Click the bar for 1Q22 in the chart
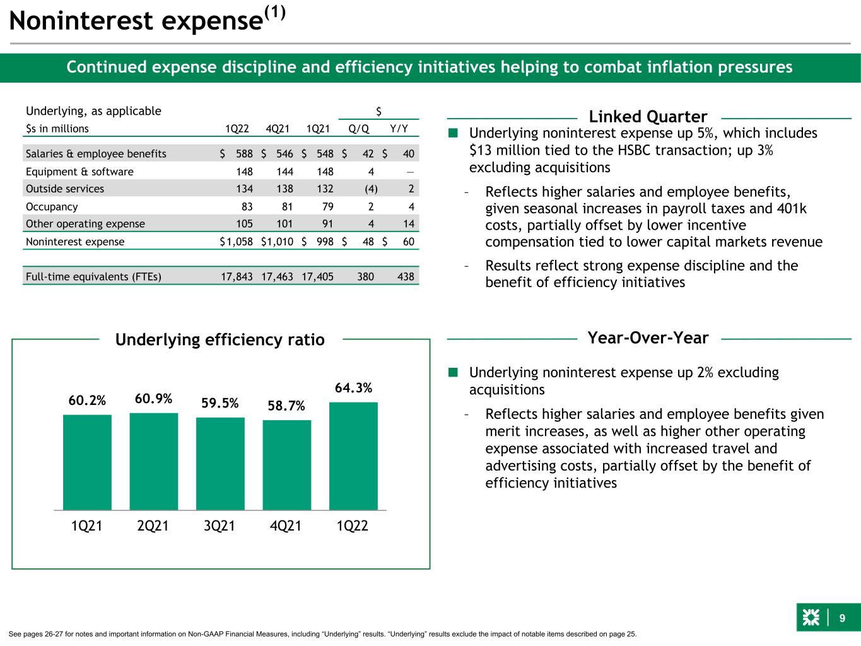click(x=353, y=455)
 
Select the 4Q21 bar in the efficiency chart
click(x=287, y=465)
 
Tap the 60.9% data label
click(x=153, y=399)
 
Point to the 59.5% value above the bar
click(x=220, y=403)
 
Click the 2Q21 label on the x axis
click(x=153, y=526)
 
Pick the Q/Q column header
click(x=358, y=129)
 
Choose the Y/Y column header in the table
click(x=399, y=129)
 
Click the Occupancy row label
click(x=52, y=207)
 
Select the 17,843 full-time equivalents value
click(x=237, y=277)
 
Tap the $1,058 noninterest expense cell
click(x=236, y=242)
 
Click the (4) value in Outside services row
click(x=371, y=189)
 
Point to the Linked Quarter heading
click(x=648, y=117)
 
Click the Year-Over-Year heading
click(x=648, y=338)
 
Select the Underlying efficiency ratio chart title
click(x=220, y=339)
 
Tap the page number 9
click(x=842, y=618)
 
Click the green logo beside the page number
click(x=811, y=618)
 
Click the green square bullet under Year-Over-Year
click(x=453, y=372)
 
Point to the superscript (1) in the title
click(x=275, y=13)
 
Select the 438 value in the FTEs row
click(x=406, y=277)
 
